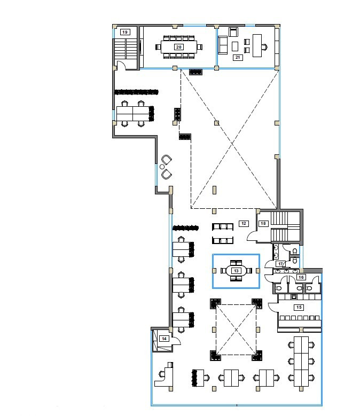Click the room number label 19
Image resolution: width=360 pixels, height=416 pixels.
coord(125,32)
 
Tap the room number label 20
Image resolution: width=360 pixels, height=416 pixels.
coord(179,47)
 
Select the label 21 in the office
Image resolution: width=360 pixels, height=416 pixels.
coord(238,57)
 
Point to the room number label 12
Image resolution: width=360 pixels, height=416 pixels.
coord(244,223)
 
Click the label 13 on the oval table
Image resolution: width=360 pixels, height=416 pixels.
coord(236,271)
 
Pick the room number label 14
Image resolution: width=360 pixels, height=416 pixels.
coord(164,339)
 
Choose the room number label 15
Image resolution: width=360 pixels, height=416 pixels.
coord(299,307)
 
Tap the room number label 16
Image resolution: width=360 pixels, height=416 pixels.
coord(301,277)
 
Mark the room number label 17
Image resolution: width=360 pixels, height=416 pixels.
coord(280,264)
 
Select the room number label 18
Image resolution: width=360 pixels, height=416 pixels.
coord(263,223)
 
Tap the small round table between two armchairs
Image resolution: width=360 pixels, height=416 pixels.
coord(162,167)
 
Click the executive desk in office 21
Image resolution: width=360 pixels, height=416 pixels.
coord(257,45)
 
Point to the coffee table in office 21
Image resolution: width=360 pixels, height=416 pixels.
coord(235,46)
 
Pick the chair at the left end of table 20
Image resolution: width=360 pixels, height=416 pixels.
coord(158,47)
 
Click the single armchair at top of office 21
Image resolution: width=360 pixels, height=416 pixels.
coord(233,32)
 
